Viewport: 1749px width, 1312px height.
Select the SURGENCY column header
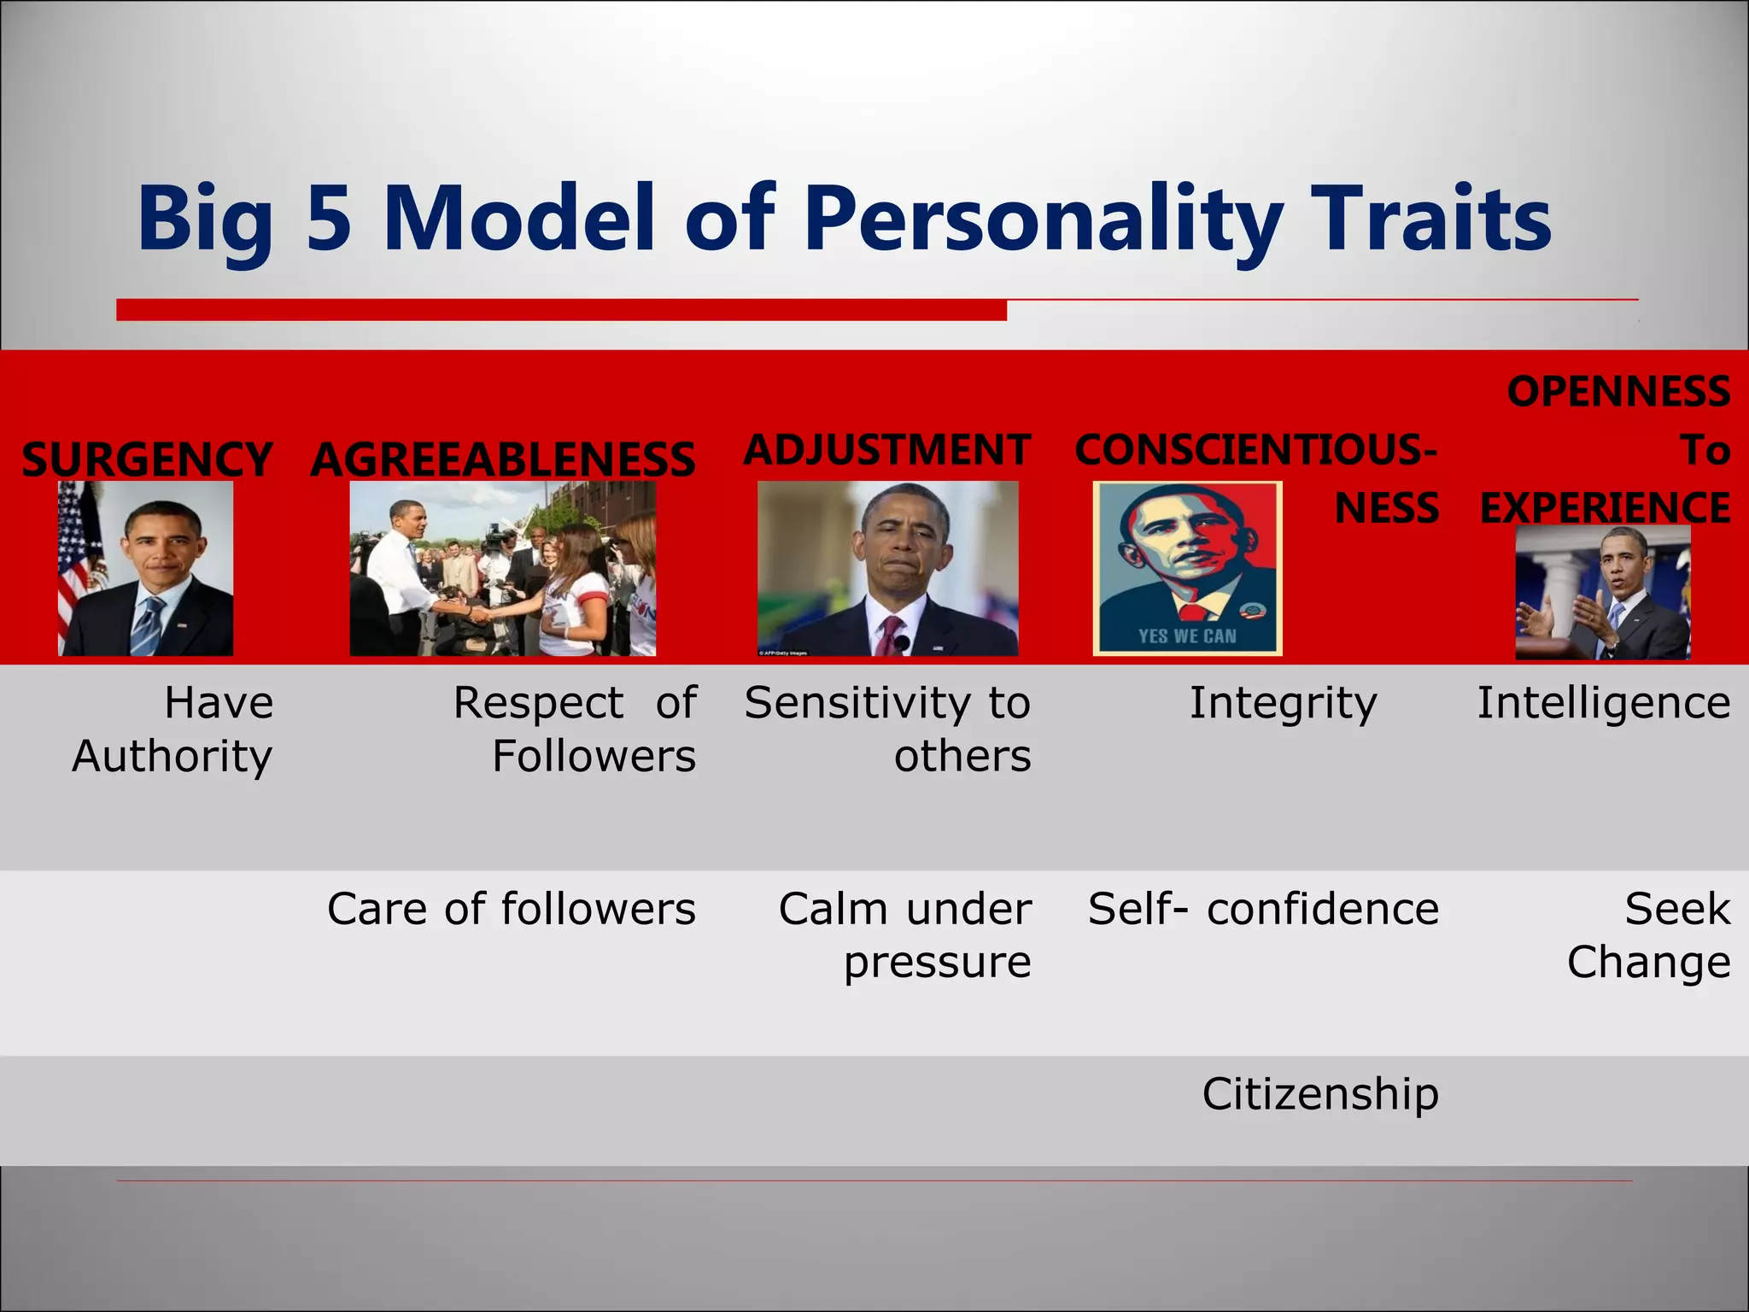click(x=147, y=459)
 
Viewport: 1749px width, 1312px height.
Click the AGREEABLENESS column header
click(x=502, y=459)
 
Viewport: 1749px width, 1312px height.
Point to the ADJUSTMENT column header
click(x=886, y=449)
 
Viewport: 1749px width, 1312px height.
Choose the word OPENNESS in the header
click(x=1618, y=392)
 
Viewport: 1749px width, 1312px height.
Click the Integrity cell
click(x=1283, y=703)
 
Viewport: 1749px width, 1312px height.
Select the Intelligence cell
click(x=1604, y=703)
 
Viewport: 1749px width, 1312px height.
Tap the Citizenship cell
click(x=1320, y=1093)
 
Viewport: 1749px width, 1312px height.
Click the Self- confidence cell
click(x=1263, y=908)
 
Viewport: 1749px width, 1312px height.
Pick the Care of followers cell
click(x=511, y=908)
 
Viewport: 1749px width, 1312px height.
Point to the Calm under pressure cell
click(x=905, y=934)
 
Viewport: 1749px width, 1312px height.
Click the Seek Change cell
click(x=1648, y=934)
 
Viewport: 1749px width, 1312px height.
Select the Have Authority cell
click(x=173, y=729)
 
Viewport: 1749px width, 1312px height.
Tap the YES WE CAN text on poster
click(x=1187, y=636)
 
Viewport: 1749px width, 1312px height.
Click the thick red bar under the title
click(x=561, y=310)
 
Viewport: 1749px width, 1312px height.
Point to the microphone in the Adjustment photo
click(x=902, y=642)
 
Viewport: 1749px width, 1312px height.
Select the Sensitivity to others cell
click(x=888, y=729)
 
